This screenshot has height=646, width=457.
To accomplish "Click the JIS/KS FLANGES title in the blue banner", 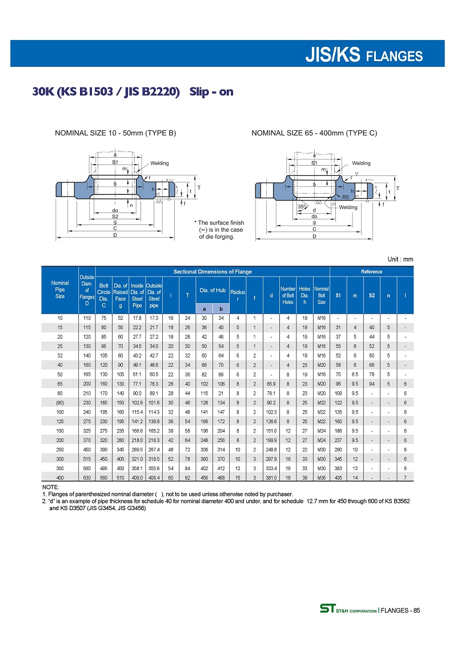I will (364, 55).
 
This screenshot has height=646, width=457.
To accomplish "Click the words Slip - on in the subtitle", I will (211, 92).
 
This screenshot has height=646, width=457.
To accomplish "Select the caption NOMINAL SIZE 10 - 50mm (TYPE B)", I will (115, 134).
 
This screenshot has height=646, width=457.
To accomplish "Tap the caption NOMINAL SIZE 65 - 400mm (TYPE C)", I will (314, 134).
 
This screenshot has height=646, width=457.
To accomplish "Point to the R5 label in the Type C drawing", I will (346, 197).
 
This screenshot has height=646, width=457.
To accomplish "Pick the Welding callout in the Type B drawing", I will (159, 163).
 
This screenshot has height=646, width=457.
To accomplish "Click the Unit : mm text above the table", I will (400, 259).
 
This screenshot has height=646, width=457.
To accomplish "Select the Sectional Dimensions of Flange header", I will (213, 271).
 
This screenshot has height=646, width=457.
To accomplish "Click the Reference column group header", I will (372, 271).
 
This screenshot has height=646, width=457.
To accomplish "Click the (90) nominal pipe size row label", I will (60, 403).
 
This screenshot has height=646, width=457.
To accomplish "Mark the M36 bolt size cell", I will (322, 477).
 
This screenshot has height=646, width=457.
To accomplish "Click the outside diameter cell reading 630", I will (87, 477).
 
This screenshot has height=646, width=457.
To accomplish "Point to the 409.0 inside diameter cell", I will (137, 477).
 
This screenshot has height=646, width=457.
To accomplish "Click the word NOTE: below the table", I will (50, 487).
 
